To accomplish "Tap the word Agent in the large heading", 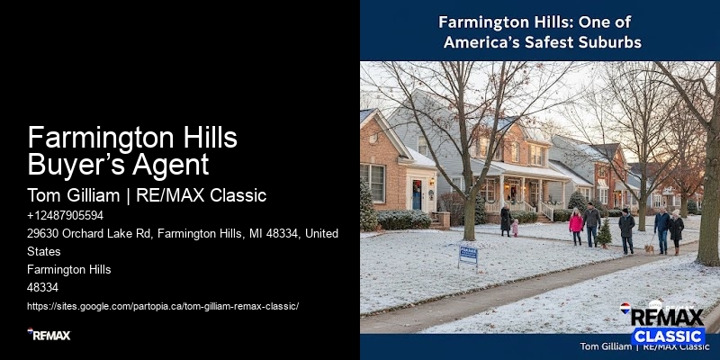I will [x=175, y=165].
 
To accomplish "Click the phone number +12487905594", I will [x=65, y=216].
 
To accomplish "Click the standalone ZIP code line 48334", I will [x=42, y=287].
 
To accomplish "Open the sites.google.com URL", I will [x=163, y=306].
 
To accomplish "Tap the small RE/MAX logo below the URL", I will [x=49, y=335].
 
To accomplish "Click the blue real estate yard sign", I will [x=468, y=255].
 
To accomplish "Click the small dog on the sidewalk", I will [x=647, y=247].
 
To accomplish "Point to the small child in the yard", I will [x=515, y=228].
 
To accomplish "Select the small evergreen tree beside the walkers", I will [x=605, y=233].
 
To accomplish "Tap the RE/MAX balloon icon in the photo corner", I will [x=625, y=310].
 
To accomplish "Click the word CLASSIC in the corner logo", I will [x=667, y=336].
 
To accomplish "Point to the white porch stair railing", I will [x=546, y=209].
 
